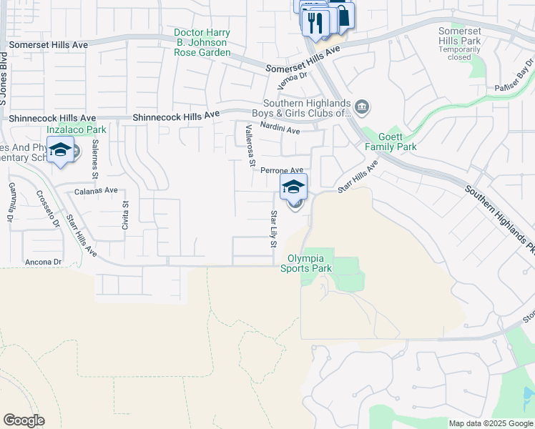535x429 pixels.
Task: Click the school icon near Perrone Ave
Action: pyautogui.click(x=293, y=187)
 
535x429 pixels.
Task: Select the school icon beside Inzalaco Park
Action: pyautogui.click(x=61, y=150)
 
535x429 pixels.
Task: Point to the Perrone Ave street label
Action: pyautogui.click(x=282, y=170)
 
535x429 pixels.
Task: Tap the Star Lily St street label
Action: pyautogui.click(x=273, y=229)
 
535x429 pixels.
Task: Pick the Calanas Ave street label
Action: pyautogui.click(x=96, y=190)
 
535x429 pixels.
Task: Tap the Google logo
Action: pyautogui.click(x=23, y=420)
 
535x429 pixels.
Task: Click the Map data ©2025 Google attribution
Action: pyautogui.click(x=490, y=423)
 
